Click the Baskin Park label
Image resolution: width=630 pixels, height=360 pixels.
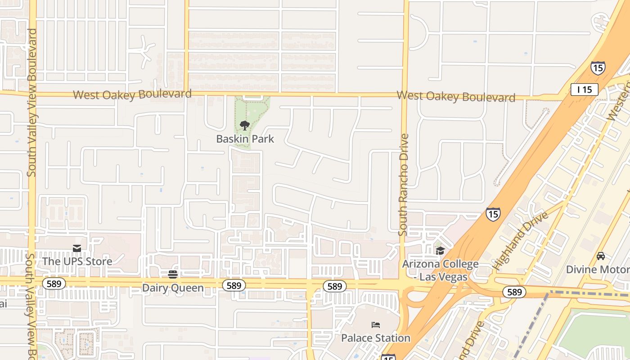coord(245,139)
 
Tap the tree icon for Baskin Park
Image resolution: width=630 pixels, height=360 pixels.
coord(245,125)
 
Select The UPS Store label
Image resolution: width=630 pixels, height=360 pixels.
coord(77,261)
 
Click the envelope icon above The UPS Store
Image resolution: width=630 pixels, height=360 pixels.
coord(77,248)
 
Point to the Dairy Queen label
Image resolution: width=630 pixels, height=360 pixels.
coord(173,288)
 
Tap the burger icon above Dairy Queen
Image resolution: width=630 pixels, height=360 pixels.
coord(173,274)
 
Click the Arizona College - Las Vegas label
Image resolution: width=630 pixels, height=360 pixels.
coord(440,270)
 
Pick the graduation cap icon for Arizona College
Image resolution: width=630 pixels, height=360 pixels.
coord(440,251)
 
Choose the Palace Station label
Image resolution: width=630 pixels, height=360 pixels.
coord(376,338)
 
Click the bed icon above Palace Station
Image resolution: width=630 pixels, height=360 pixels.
coord(376,324)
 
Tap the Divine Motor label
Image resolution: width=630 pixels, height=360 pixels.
coord(598,270)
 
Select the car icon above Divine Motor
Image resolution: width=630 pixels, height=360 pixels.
coord(600,256)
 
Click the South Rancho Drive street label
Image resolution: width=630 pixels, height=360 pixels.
coord(403,184)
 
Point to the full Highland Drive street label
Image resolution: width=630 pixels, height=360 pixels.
coord(520,241)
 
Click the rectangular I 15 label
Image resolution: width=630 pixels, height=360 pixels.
coord(584,90)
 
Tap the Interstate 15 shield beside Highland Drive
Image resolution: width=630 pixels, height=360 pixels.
coord(493,214)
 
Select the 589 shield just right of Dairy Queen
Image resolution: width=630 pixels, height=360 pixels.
coord(234,285)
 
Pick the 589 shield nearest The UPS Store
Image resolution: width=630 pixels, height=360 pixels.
coord(54,283)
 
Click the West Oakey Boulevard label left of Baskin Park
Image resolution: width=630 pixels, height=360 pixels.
coord(132,94)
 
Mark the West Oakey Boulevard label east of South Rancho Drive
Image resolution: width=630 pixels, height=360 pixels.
coord(456,97)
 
